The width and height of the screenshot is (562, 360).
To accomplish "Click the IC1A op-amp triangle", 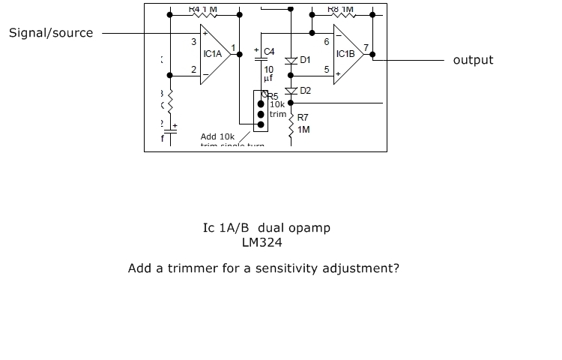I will pyautogui.click(x=214, y=54).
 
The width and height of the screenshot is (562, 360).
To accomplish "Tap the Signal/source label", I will pyautogui.click(x=51, y=33).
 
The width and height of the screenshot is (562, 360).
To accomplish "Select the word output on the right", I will pyautogui.click(x=473, y=60).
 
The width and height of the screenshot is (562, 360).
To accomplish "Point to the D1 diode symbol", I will pyautogui.click(x=293, y=59).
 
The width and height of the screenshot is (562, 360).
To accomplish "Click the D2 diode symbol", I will pyautogui.click(x=293, y=91).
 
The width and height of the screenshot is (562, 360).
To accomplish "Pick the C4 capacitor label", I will pyautogui.click(x=269, y=52).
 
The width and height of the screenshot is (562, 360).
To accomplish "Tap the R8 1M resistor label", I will pyautogui.click(x=340, y=9).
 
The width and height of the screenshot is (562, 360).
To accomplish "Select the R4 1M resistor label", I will pyautogui.click(x=203, y=9).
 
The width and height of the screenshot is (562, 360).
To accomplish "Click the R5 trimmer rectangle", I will pyautogui.click(x=261, y=111).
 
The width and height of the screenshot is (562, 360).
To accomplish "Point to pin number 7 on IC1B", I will pyautogui.click(x=365, y=48).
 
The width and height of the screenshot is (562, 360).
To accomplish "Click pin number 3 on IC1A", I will pyautogui.click(x=193, y=42).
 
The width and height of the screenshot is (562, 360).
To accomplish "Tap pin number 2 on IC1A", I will pyautogui.click(x=193, y=70).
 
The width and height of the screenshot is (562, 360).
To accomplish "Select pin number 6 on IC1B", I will pyautogui.click(x=327, y=42).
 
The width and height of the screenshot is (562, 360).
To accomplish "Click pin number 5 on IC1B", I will pyautogui.click(x=327, y=70).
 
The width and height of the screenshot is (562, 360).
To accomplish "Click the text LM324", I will pyautogui.click(x=262, y=242).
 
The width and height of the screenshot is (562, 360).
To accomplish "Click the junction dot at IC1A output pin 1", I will pyautogui.click(x=240, y=54).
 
